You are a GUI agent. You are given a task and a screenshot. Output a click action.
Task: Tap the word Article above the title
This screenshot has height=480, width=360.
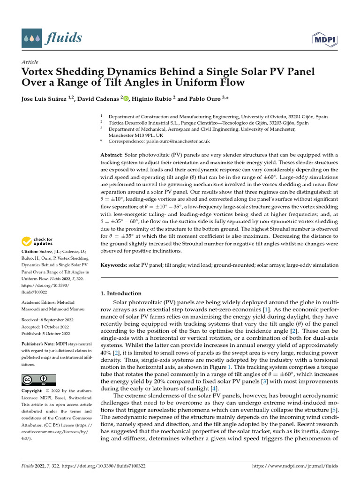[x=30, y=62]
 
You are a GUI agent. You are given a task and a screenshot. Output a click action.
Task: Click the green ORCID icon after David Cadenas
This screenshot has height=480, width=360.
[x=126, y=98]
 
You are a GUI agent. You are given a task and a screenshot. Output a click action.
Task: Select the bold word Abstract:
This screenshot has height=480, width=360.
[x=114, y=155]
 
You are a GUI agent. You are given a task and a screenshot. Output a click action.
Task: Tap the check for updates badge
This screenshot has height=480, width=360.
[x=37, y=242]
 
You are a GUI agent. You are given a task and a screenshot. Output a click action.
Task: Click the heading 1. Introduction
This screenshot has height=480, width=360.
[x=121, y=293]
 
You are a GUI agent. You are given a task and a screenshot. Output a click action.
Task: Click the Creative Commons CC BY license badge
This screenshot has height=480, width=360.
[x=39, y=380]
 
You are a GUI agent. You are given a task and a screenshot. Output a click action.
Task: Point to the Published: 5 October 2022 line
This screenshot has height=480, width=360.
[x=46, y=334]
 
